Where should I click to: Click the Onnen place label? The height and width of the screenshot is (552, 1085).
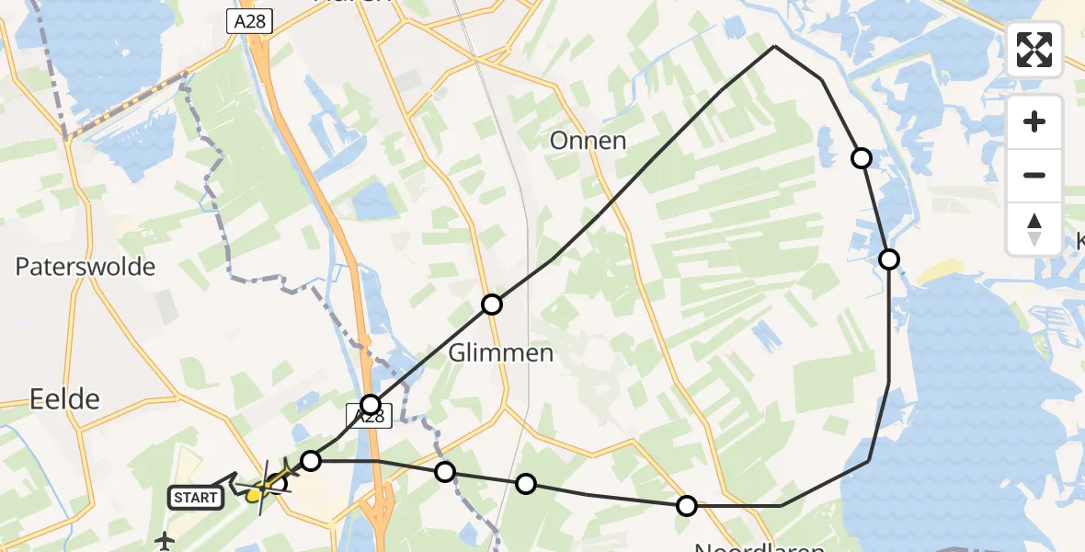588,141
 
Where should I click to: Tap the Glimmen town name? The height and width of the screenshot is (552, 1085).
501,353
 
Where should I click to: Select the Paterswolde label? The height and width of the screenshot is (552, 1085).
85,268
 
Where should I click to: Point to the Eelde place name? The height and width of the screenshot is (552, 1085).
64,399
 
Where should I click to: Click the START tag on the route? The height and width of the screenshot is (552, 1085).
196,498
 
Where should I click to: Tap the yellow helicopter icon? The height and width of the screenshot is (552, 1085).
260,490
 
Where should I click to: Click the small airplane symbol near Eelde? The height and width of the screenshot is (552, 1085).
166,539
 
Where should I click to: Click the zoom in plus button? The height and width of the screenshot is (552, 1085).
1034,122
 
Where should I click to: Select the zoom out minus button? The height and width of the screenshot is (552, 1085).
1034,175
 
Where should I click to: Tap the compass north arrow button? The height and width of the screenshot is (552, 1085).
1034,229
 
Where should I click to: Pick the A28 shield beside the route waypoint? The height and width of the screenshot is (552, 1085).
370,417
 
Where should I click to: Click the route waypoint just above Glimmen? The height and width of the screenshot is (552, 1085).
492,305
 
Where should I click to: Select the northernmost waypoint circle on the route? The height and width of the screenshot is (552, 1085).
862,158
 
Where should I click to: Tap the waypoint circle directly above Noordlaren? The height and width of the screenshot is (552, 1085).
687,505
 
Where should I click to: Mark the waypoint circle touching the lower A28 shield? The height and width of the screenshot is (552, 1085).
371,404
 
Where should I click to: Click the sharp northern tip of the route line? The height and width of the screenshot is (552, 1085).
775,46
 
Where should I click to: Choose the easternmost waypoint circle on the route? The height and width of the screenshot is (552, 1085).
889,259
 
